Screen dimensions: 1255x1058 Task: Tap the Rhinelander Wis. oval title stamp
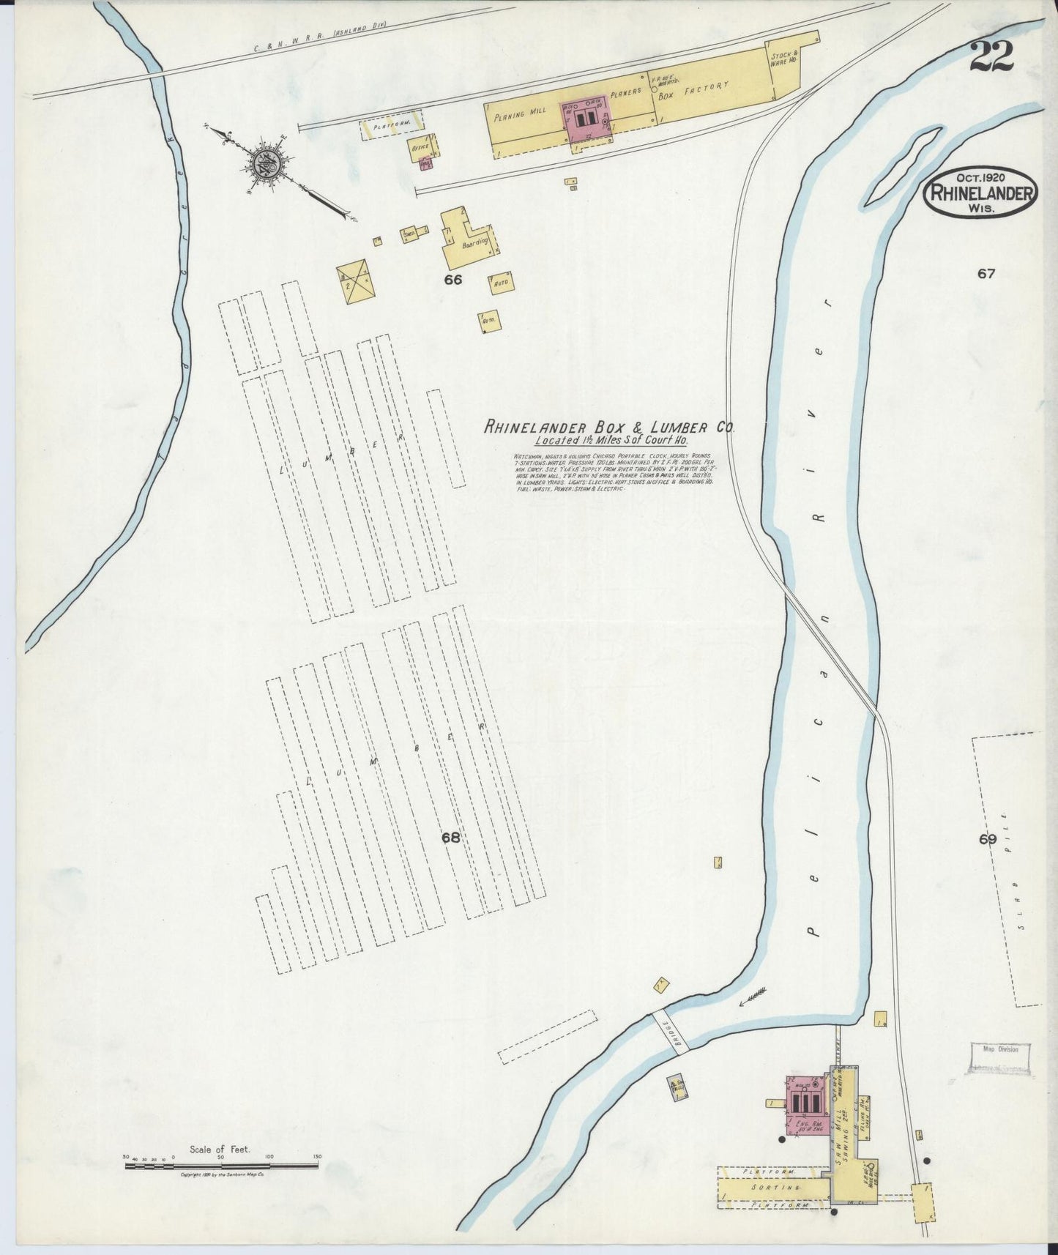(981, 193)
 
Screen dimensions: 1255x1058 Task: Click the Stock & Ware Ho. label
(784, 58)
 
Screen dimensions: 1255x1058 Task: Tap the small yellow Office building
(422, 147)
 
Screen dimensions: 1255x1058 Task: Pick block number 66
(453, 279)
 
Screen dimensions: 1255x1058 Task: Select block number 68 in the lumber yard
(450, 838)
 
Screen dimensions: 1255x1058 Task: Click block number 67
(986, 274)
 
